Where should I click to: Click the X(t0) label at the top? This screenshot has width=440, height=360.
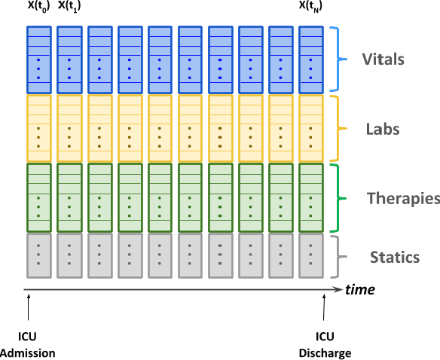(x=38, y=8)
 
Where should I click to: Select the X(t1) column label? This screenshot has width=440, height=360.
(x=70, y=8)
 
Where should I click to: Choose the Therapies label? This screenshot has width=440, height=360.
(x=403, y=199)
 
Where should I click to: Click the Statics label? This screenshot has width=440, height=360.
(x=394, y=258)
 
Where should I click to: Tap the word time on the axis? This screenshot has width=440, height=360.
(x=360, y=290)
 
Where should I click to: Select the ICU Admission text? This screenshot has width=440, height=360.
(x=28, y=345)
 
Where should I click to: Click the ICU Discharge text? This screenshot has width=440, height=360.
(x=324, y=345)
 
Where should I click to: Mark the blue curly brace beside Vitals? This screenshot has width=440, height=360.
(x=341, y=59)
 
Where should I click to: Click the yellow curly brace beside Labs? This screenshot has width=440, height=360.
(x=341, y=129)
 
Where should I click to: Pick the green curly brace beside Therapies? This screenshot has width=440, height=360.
(x=341, y=199)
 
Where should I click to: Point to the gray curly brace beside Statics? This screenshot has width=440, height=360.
(x=341, y=258)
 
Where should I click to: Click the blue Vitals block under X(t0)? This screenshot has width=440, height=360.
(x=38, y=59)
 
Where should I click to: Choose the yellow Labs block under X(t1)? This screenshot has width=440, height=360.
(x=69, y=128)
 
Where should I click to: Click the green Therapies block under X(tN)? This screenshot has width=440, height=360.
(x=310, y=198)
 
